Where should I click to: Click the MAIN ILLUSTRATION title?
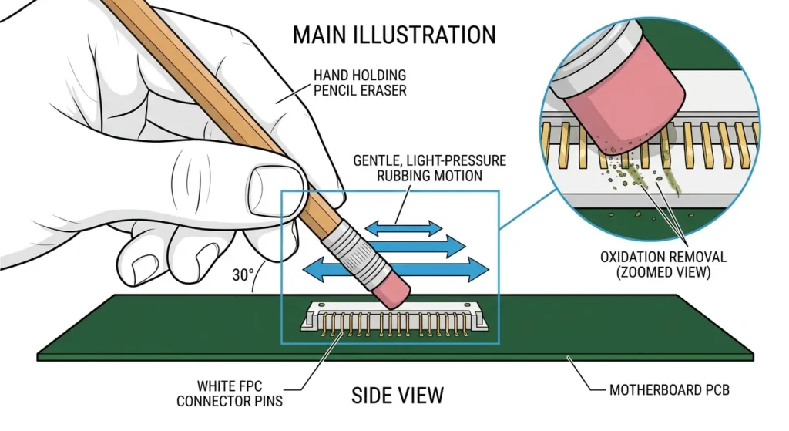[394, 35]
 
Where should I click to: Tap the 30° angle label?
[243, 273]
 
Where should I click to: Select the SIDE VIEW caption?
[398, 396]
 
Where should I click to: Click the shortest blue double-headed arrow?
[403, 227]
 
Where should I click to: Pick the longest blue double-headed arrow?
[396, 269]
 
